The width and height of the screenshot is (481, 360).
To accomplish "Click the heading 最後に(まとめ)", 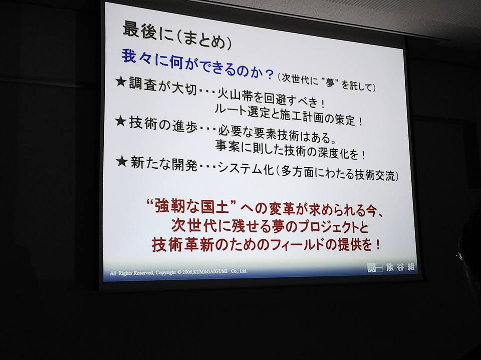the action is [177, 36].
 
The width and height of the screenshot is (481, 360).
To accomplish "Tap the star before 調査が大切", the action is [121, 82].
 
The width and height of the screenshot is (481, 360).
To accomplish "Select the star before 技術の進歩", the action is [121, 122].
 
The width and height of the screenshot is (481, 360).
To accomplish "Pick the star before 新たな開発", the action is [122, 161].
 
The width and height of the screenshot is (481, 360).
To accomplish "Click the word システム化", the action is [245, 168].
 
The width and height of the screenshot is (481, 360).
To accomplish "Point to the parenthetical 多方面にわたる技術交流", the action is [337, 174].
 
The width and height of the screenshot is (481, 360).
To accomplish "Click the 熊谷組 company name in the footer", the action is [401, 267].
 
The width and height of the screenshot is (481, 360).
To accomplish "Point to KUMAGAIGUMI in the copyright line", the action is [210, 272].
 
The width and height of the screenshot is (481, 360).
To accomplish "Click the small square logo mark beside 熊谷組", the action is [375, 267].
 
